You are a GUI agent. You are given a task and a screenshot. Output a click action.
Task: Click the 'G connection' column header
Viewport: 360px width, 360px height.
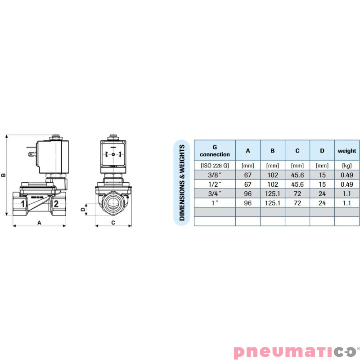[215, 151]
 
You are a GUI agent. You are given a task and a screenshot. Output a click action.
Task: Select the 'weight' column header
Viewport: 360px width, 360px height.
[346, 151]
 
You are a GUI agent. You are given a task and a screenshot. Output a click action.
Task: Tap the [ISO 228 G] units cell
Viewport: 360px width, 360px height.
[215, 166]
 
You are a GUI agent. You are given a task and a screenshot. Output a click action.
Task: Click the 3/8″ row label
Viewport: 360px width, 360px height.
[215, 175]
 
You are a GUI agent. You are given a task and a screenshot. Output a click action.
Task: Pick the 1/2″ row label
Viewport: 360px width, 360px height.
[215, 184]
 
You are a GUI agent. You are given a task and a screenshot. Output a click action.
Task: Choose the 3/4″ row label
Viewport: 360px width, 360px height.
[215, 193]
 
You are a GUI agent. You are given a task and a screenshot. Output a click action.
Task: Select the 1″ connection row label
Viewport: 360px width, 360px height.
[215, 202]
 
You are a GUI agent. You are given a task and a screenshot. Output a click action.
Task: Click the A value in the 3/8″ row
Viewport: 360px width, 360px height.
[248, 175]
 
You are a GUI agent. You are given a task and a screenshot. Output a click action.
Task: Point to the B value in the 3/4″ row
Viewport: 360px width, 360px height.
[273, 193]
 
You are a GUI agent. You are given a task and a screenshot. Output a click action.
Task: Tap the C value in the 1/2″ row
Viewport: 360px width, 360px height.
[297, 184]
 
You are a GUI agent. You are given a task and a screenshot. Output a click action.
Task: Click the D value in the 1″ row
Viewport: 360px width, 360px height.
[322, 202]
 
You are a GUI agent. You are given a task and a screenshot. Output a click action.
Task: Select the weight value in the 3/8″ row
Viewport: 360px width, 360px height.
[346, 175]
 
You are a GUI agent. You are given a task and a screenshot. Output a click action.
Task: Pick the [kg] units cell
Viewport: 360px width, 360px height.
[346, 166]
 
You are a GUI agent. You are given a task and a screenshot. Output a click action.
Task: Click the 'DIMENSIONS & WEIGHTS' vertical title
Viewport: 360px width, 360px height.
[182, 182]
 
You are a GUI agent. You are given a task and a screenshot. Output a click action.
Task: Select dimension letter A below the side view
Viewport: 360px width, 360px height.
[39, 222]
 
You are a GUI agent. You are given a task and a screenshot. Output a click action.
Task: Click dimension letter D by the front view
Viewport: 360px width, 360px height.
[82, 209]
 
